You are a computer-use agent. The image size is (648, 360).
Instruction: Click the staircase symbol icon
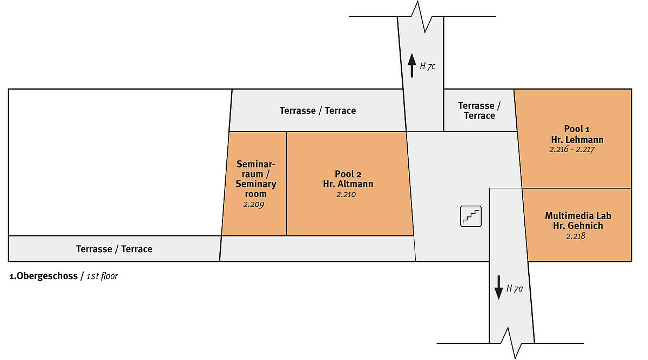point(470,216)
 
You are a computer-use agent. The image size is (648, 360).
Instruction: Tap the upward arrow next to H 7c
point(411,66)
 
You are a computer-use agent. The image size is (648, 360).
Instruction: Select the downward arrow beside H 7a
point(498,288)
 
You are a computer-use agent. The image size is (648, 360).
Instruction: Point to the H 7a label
point(515,288)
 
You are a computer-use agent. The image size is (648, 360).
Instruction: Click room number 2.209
point(253,205)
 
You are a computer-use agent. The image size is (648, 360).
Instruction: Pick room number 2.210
point(346,194)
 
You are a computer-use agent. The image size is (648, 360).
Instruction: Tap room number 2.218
point(576,236)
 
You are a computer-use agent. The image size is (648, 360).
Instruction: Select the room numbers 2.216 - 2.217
point(572,150)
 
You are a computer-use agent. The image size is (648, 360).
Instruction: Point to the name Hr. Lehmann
point(573,140)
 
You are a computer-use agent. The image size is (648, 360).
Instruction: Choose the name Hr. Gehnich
point(578,226)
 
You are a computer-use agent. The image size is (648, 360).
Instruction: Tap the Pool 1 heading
point(573,129)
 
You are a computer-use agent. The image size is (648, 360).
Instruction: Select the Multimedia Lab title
point(578,216)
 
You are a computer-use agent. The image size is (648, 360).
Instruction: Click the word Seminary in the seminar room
point(256,184)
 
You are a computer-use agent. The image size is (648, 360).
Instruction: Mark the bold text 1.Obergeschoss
point(44,276)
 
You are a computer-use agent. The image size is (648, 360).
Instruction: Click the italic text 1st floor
point(102,276)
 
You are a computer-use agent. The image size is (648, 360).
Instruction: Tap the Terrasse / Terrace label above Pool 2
point(318,111)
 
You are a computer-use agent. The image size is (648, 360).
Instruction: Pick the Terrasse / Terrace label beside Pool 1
point(479,111)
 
